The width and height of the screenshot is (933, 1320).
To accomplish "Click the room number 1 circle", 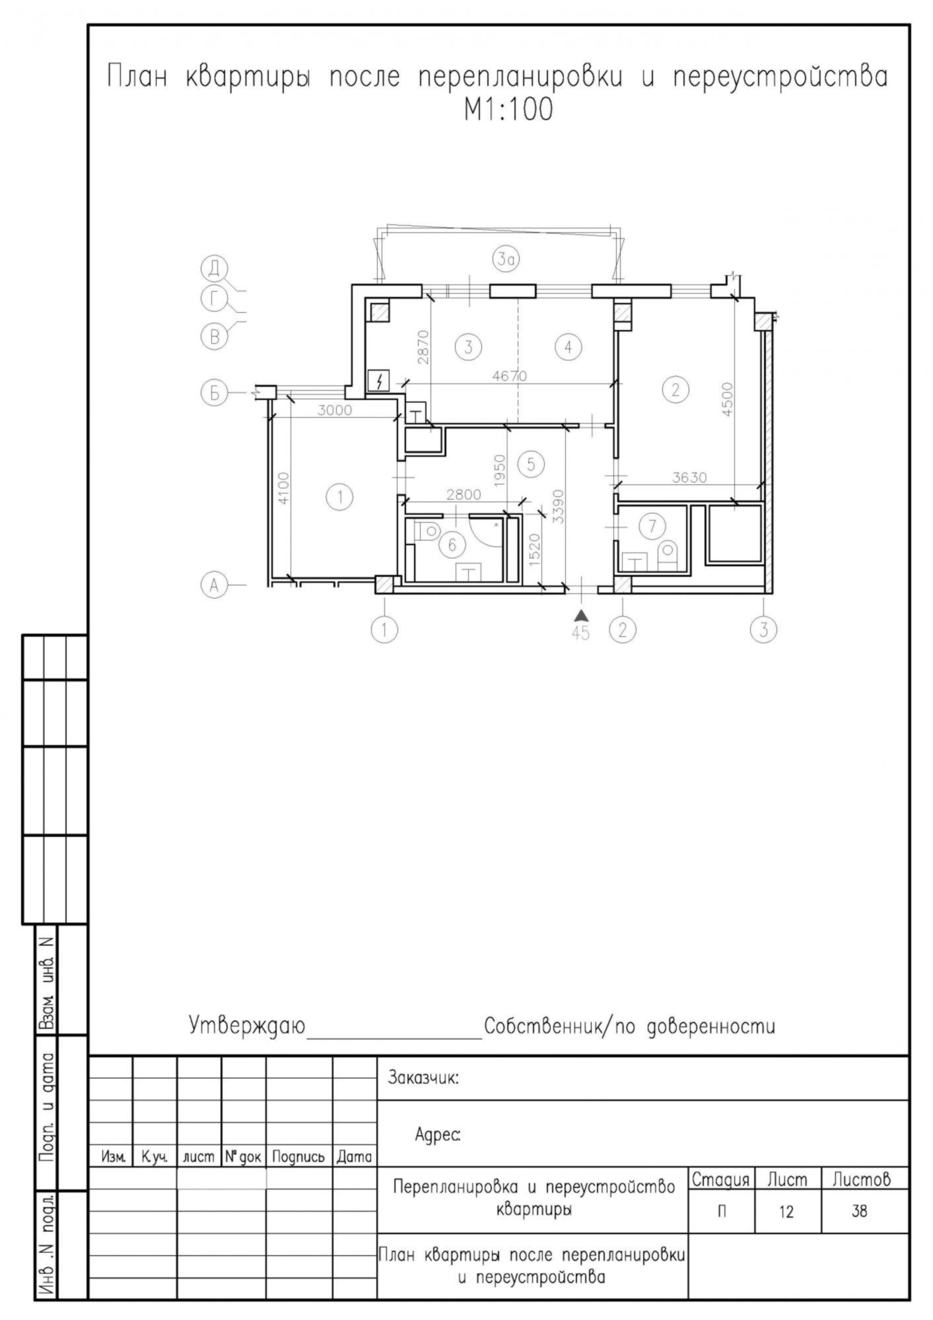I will coord(340,496).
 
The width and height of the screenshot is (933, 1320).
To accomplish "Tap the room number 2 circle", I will coord(675,389).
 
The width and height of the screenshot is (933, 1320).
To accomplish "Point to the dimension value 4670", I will coord(510,376).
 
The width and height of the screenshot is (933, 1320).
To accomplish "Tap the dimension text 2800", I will coord(464,494).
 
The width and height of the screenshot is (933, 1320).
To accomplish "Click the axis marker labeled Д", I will coord(214,269).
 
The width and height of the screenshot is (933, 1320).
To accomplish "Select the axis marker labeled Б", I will coord(214,393).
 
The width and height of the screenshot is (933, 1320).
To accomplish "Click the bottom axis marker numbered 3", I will coord(763,629).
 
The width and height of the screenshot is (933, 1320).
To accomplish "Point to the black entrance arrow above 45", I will coord(581,615).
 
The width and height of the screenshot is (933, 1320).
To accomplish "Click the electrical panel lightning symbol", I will coord(379,381).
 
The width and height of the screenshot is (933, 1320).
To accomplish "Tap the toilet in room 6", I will coord(429,530).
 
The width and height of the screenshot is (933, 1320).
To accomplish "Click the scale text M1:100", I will coord(508,111).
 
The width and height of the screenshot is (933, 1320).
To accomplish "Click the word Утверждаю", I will coord(248,1026).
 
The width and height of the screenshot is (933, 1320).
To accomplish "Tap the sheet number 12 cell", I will coord(786,1212).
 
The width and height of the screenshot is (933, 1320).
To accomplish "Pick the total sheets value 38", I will coord(859,1212).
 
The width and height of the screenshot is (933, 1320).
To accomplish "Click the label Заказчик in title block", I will coord(423,1078).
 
